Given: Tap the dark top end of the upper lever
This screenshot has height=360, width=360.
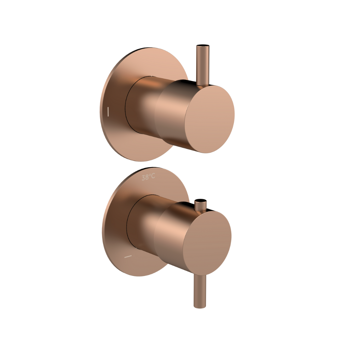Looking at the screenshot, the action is tap(203, 46).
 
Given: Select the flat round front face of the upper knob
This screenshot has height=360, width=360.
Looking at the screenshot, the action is tap(210, 119).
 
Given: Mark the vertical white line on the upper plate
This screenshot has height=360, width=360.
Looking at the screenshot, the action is tap(108, 112).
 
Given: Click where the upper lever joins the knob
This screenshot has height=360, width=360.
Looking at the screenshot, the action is tap(203, 85).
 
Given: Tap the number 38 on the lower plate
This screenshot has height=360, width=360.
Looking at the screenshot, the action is tap(145, 177).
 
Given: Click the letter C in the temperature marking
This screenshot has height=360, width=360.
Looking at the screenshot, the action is tap(153, 176).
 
